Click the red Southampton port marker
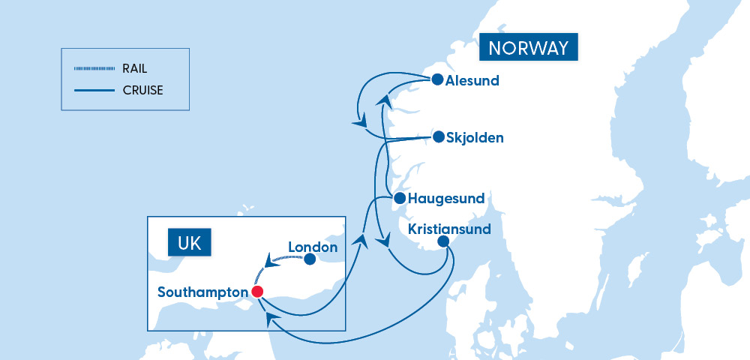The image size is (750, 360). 257,292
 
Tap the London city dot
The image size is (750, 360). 309,259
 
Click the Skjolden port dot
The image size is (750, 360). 438,137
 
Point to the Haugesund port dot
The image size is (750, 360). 400,199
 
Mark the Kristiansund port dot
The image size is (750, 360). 443,241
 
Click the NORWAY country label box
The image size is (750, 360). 529,49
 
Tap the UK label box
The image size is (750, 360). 189,244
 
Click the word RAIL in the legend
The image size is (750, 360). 136,69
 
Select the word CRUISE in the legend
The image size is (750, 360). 142,91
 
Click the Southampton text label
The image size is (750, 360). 202,292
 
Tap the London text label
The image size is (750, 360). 313,247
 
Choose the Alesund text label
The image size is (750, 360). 472,81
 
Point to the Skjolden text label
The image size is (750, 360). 475,138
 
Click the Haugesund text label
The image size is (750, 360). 446,199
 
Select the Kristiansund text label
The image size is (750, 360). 448,229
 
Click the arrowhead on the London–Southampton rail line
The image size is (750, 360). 268,262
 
